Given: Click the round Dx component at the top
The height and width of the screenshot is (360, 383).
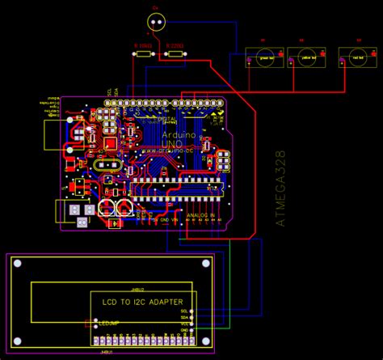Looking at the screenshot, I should click(x=156, y=22).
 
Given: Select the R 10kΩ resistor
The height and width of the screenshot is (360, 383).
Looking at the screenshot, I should click(x=141, y=54).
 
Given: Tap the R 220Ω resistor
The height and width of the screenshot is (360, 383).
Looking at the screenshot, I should click(x=174, y=54).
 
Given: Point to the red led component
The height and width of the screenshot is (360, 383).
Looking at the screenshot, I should click(x=353, y=59).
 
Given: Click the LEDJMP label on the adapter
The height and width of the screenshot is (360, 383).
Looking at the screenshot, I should click(x=108, y=324).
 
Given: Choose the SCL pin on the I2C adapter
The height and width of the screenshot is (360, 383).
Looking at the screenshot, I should click(x=183, y=311).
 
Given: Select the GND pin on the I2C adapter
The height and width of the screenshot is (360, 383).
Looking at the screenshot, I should click(x=183, y=330).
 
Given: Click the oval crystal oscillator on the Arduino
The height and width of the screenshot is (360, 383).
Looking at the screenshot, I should click(x=107, y=165).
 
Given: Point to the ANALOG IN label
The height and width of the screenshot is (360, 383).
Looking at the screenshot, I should click(x=200, y=216).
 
